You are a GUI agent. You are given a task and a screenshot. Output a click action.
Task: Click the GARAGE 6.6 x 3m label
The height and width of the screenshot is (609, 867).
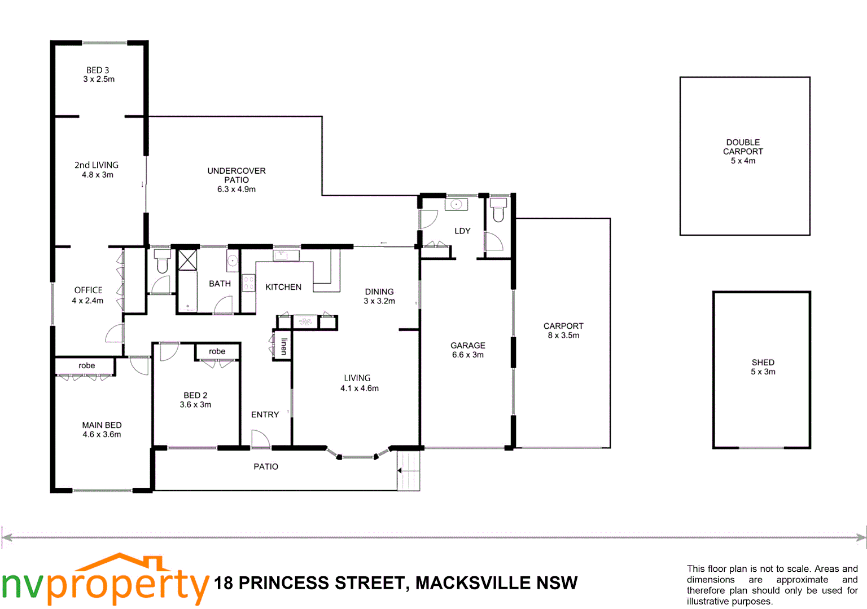pyautogui.click(x=467, y=350)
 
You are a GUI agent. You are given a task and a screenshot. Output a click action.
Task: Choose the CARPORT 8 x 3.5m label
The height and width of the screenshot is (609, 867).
pyautogui.click(x=563, y=330)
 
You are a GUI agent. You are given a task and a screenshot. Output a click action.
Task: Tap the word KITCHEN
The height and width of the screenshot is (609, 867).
pyautogui.click(x=283, y=287)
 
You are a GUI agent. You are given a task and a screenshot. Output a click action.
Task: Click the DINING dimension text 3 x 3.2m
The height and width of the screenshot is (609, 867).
pyautogui.click(x=379, y=301)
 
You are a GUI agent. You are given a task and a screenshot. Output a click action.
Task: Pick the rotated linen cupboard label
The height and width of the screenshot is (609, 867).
pyautogui.click(x=284, y=346)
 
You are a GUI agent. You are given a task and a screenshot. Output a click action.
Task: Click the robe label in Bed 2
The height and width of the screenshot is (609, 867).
pyautogui.click(x=217, y=351)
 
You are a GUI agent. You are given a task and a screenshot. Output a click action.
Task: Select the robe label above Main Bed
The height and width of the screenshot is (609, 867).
pyautogui.click(x=87, y=365)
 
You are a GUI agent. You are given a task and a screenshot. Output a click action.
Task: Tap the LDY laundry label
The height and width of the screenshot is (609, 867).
pyautogui.click(x=462, y=231)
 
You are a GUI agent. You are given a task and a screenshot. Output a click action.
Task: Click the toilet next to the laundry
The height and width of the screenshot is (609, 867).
pyautogui.click(x=498, y=210)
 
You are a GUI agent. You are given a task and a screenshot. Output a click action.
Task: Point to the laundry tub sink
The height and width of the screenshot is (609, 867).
pyautogui.click(x=456, y=204)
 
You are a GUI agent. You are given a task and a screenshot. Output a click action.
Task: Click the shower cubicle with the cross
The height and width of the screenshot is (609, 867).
pyautogui.click(x=187, y=260)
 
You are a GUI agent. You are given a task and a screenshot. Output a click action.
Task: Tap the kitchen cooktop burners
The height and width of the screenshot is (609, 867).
pyautogui.click(x=248, y=283)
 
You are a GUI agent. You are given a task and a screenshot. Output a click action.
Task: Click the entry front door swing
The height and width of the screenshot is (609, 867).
pyautogui.click(x=260, y=439)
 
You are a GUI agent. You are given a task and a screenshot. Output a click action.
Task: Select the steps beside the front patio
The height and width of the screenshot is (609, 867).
pyautogui.click(x=409, y=471)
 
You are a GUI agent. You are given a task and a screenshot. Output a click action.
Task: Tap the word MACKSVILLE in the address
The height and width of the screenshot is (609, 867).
pyautogui.click(x=473, y=583)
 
